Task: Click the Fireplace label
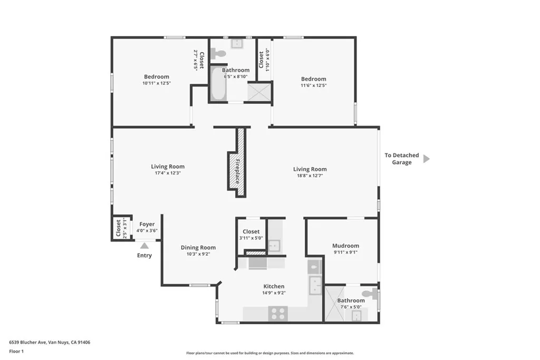click(238, 171)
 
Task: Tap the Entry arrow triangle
click(144, 245)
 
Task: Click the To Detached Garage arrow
click(426, 159)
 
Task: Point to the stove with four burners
click(278, 314)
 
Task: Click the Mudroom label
click(345, 246)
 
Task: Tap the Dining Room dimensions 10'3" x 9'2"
click(198, 254)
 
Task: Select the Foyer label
click(147, 224)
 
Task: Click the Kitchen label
click(274, 286)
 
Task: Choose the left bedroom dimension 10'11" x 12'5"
click(157, 83)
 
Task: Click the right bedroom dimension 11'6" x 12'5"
click(313, 85)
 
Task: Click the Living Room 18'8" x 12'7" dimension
click(310, 176)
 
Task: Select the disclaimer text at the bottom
click(270, 353)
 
